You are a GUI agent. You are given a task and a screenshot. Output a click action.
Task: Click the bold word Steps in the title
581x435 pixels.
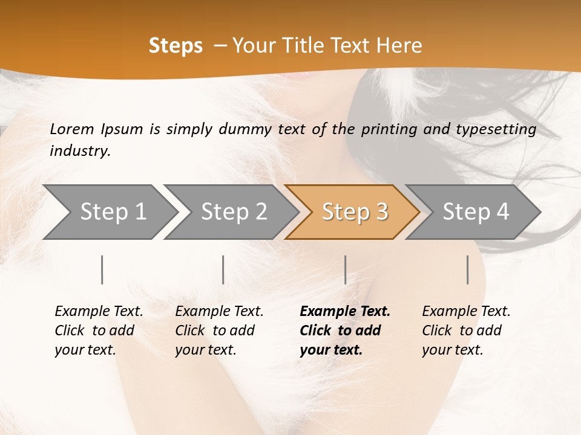(176, 46)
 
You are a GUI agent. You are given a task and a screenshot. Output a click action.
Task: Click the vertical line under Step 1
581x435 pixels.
(102, 269)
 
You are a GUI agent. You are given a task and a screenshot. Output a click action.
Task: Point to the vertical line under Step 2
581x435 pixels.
(223, 269)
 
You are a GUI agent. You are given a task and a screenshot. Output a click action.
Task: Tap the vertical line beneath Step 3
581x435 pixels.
(345, 269)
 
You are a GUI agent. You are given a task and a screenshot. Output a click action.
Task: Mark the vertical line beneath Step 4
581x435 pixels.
(468, 269)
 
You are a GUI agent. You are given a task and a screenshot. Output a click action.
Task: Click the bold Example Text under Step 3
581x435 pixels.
(345, 312)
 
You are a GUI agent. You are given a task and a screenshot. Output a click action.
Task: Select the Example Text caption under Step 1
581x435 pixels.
(99, 312)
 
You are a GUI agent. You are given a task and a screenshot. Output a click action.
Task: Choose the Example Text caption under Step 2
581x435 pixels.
(219, 312)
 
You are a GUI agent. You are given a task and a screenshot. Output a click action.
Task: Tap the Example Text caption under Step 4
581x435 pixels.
(466, 312)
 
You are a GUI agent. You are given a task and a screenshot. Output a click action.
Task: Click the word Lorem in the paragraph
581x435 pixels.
(72, 129)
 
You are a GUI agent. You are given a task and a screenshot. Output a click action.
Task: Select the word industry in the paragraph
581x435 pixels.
(80, 151)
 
